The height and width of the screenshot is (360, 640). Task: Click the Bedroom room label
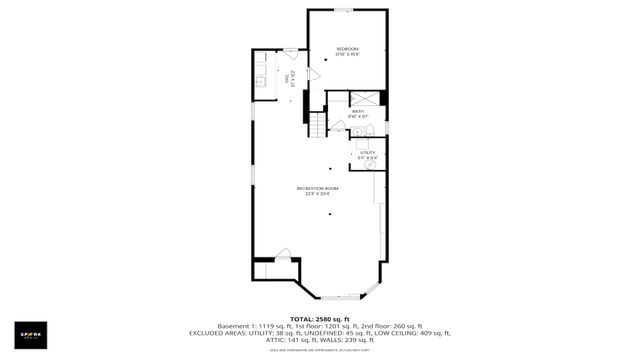click(347, 49)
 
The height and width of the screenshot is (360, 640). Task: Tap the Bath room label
click(356, 111)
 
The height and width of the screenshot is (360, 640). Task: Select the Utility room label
click(368, 152)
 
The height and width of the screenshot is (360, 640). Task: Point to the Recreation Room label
click(318, 188)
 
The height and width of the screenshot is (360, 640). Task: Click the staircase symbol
click(317, 126)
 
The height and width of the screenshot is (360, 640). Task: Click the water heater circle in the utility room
click(371, 166)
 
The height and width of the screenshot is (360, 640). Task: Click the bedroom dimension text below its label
click(347, 55)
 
